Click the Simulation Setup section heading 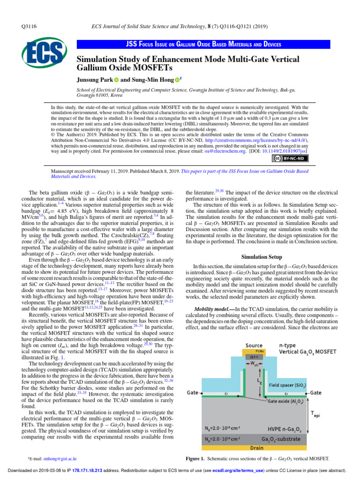[x=262, y=257]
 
